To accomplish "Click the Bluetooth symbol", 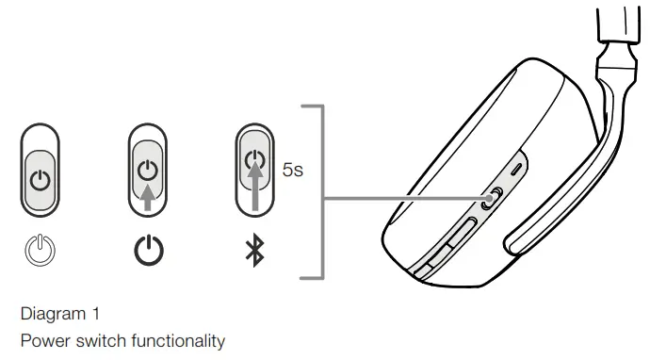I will click(252, 252).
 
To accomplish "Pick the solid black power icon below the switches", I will click(146, 252).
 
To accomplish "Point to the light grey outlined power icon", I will click(40, 252).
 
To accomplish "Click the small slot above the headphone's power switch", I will click(515, 171).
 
